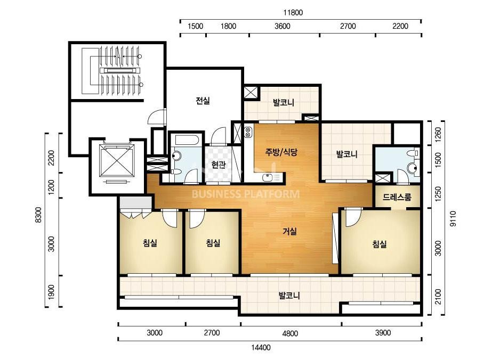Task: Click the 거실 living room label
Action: click(x=289, y=232)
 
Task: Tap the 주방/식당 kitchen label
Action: click(x=281, y=152)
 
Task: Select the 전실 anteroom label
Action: click(x=203, y=101)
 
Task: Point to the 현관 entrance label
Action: click(x=219, y=165)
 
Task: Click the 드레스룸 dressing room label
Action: click(x=397, y=197)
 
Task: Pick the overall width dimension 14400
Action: click(x=261, y=347)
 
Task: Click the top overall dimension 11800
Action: click(x=293, y=13)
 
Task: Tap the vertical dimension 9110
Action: click(x=453, y=218)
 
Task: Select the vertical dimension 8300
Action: click(x=38, y=215)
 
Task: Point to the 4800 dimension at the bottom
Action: click(x=290, y=333)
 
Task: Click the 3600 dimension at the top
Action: click(x=283, y=26)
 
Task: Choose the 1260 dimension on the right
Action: click(x=438, y=134)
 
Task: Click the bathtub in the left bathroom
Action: click(x=187, y=140)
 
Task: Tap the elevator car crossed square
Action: click(x=117, y=160)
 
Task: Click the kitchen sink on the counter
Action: click(x=268, y=177)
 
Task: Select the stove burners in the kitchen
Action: click(x=247, y=132)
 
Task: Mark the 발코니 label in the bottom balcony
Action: click(x=289, y=296)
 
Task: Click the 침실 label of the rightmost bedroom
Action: click(x=380, y=244)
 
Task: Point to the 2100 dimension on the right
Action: click(x=438, y=297)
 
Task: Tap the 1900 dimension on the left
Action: click(x=51, y=292)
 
